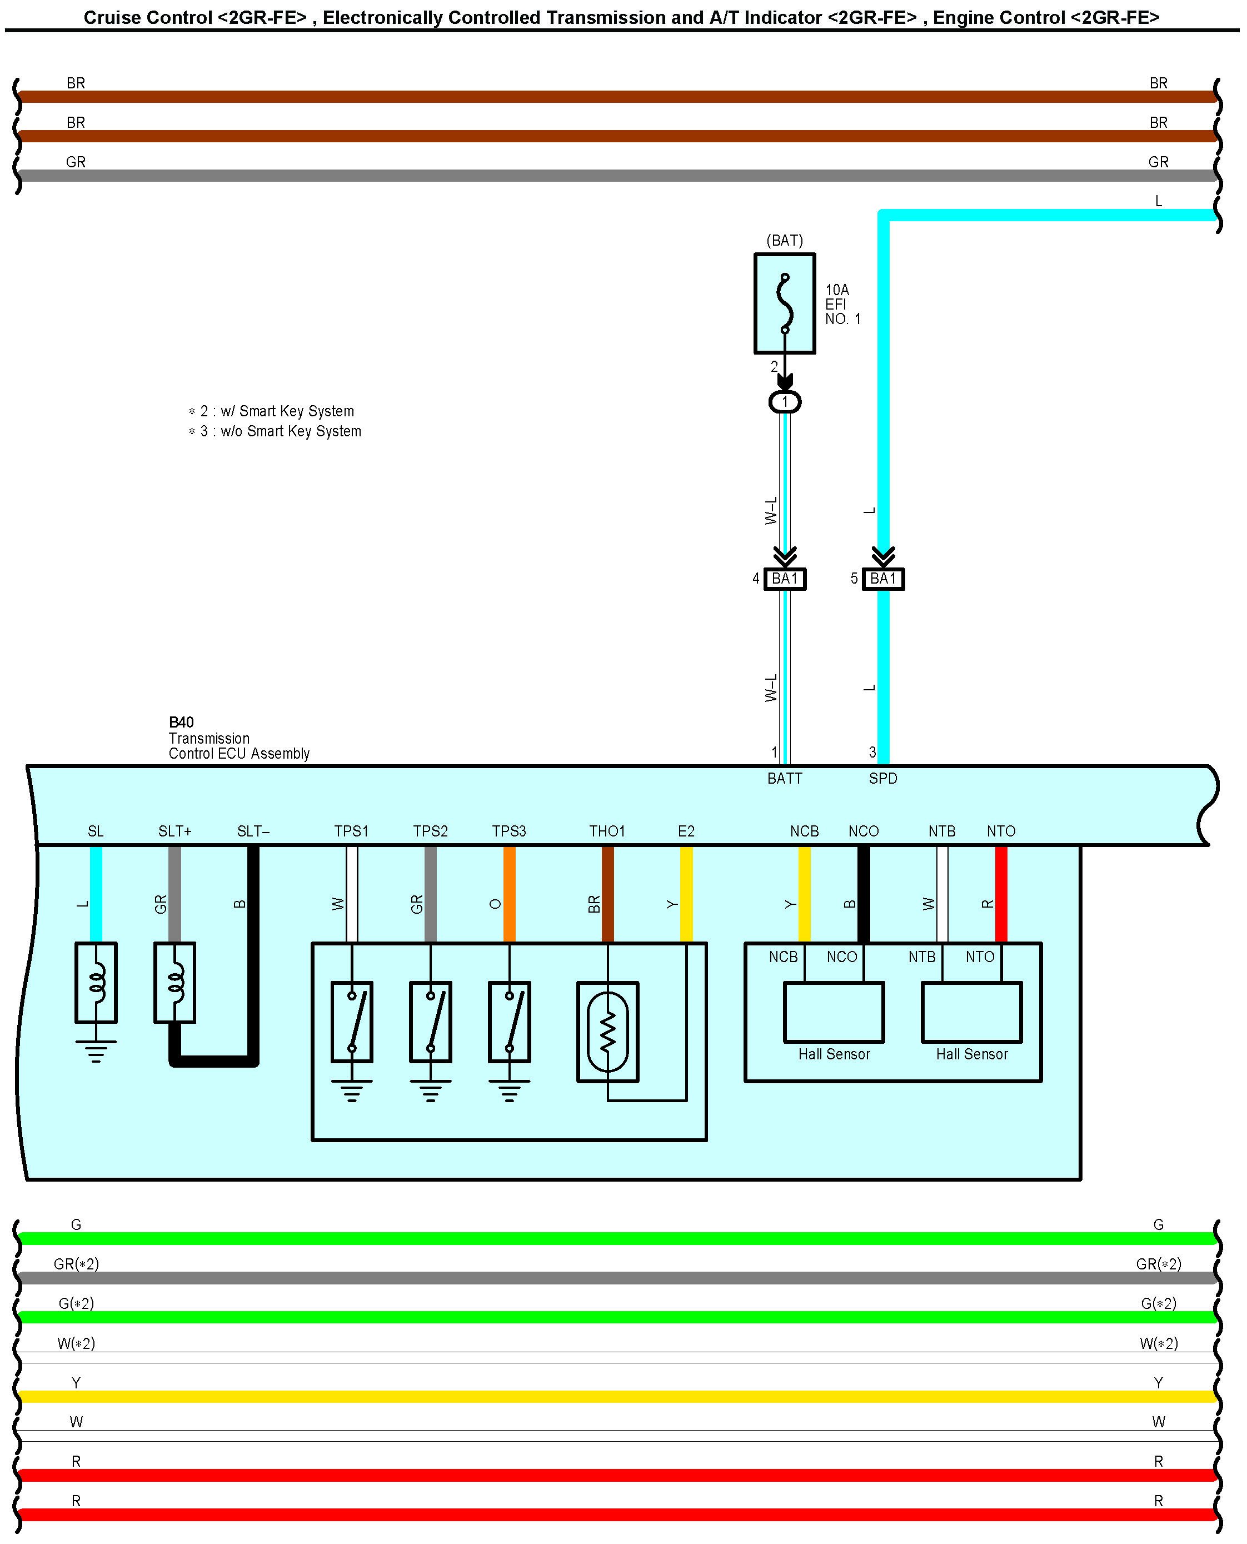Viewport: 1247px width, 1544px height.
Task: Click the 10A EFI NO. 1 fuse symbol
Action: pos(785,303)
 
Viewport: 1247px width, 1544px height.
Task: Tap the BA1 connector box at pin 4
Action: pos(785,579)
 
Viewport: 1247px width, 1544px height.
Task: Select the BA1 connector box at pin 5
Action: pos(883,579)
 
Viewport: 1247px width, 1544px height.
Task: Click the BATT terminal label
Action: pos(785,778)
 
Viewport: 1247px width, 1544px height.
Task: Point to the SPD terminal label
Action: pos(883,778)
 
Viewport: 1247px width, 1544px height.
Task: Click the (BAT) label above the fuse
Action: pos(785,240)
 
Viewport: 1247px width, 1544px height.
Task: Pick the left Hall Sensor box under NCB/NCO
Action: pos(833,1012)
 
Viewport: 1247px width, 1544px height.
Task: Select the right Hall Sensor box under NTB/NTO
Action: pos(971,1012)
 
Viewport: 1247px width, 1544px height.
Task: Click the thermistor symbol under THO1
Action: pos(608,1031)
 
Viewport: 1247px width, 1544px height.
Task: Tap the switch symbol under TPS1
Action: pos(351,1021)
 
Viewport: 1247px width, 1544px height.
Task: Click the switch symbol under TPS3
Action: pos(509,1021)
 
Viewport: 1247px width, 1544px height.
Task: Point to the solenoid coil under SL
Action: pos(96,982)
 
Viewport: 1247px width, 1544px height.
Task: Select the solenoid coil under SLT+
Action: pos(174,982)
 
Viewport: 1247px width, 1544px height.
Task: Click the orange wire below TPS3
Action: pos(509,894)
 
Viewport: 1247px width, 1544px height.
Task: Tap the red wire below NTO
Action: pos(1001,894)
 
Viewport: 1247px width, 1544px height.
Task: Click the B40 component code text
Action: pos(181,722)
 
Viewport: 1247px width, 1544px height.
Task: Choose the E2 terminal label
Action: pos(686,831)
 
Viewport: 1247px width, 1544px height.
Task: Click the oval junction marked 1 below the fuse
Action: pos(785,402)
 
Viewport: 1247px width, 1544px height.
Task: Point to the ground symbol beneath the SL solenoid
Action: pos(96,1050)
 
